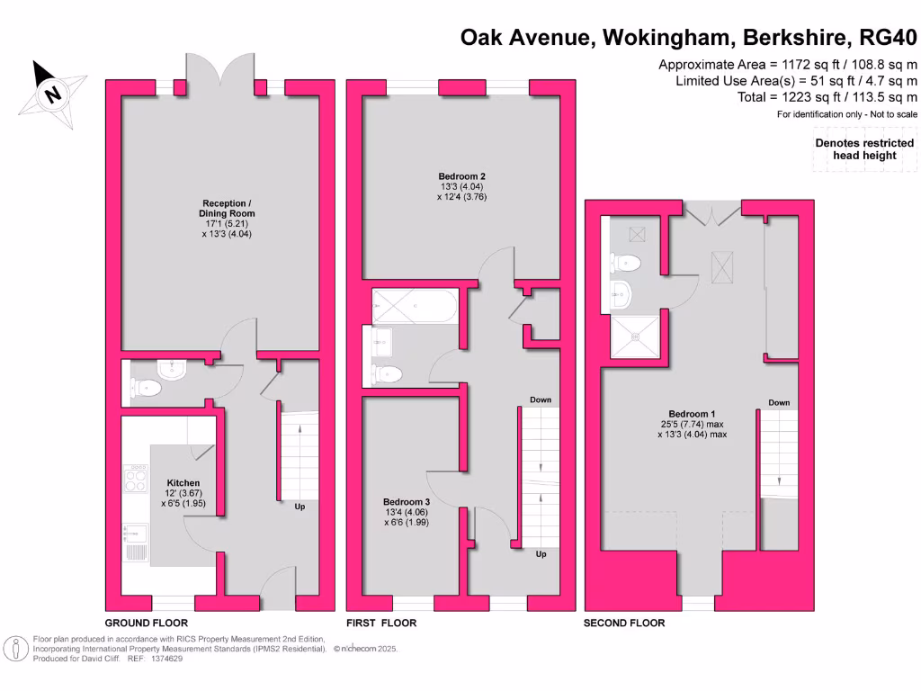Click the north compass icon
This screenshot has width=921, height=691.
click(53, 93)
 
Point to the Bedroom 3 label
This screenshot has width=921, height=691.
click(407, 501)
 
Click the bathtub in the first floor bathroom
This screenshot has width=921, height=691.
click(415, 305)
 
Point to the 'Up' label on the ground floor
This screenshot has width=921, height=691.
click(300, 507)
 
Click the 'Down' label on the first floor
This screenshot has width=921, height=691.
click(541, 399)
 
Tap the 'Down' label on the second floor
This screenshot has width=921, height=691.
click(779, 402)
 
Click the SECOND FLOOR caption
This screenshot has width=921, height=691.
click(624, 623)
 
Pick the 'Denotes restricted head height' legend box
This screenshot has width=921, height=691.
click(864, 148)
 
